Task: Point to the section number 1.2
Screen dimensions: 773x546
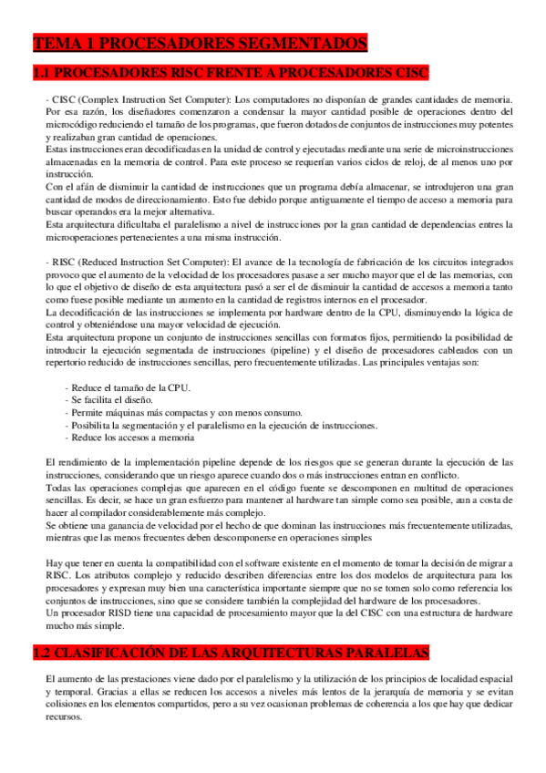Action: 45,630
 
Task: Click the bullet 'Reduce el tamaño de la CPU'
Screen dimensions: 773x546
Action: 130,388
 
